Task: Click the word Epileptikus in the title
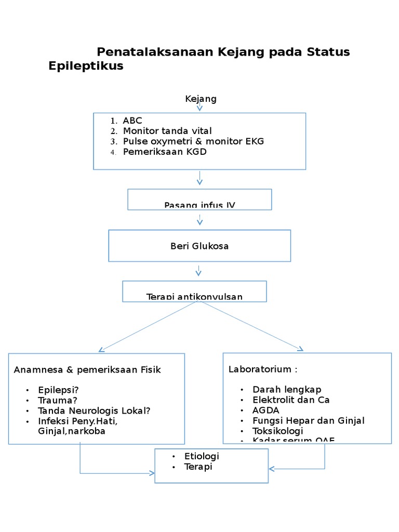(86, 66)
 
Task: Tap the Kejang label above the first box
(201, 99)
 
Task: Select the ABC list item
(132, 121)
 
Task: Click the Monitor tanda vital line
(167, 131)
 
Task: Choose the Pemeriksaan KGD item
(165, 152)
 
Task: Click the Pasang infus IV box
(199, 201)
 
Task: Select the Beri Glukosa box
(199, 246)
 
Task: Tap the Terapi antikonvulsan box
(194, 292)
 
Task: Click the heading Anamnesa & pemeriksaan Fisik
(87, 370)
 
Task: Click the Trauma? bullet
(58, 400)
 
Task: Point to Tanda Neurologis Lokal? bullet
(94, 410)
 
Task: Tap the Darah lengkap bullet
(287, 390)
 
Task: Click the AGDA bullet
(265, 410)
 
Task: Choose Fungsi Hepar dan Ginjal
(308, 421)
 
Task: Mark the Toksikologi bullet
(277, 431)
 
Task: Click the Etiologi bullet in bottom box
(202, 456)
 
